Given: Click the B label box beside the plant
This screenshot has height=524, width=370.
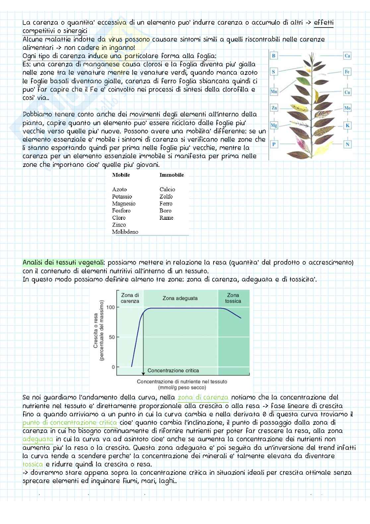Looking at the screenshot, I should (x=274, y=56).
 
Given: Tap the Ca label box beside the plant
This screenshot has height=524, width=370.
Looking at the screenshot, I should (x=347, y=56).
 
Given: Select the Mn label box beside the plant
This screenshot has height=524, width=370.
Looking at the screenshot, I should (x=274, y=92).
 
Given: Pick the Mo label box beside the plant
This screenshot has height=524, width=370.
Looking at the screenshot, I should (x=347, y=108).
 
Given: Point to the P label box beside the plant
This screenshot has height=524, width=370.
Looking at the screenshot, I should (x=274, y=144).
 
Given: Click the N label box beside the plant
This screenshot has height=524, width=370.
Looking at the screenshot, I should (x=347, y=144).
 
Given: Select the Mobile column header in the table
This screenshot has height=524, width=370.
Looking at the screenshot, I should (x=121, y=175).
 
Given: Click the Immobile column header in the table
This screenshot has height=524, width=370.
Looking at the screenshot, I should (x=171, y=175).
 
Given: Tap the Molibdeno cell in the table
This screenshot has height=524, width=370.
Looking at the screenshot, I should (x=125, y=232).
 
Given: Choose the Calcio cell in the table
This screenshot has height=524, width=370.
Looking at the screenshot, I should (x=167, y=189).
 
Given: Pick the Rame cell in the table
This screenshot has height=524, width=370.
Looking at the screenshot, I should (x=166, y=218).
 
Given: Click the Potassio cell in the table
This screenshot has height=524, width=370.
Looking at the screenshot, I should (x=122, y=197).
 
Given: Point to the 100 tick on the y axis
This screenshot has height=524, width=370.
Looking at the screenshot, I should (x=111, y=307).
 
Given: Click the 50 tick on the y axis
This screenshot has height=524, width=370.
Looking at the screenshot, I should (x=112, y=337).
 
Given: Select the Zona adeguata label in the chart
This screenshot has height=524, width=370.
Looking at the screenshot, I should (x=180, y=298).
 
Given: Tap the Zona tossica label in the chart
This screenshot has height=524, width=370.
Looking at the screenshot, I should (x=233, y=298).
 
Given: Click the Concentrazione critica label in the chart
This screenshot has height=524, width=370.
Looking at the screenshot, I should (x=173, y=371).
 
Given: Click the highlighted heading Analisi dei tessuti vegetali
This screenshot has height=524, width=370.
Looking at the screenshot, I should (x=63, y=262).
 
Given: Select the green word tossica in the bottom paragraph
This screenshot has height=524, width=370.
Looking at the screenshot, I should (x=33, y=464).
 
